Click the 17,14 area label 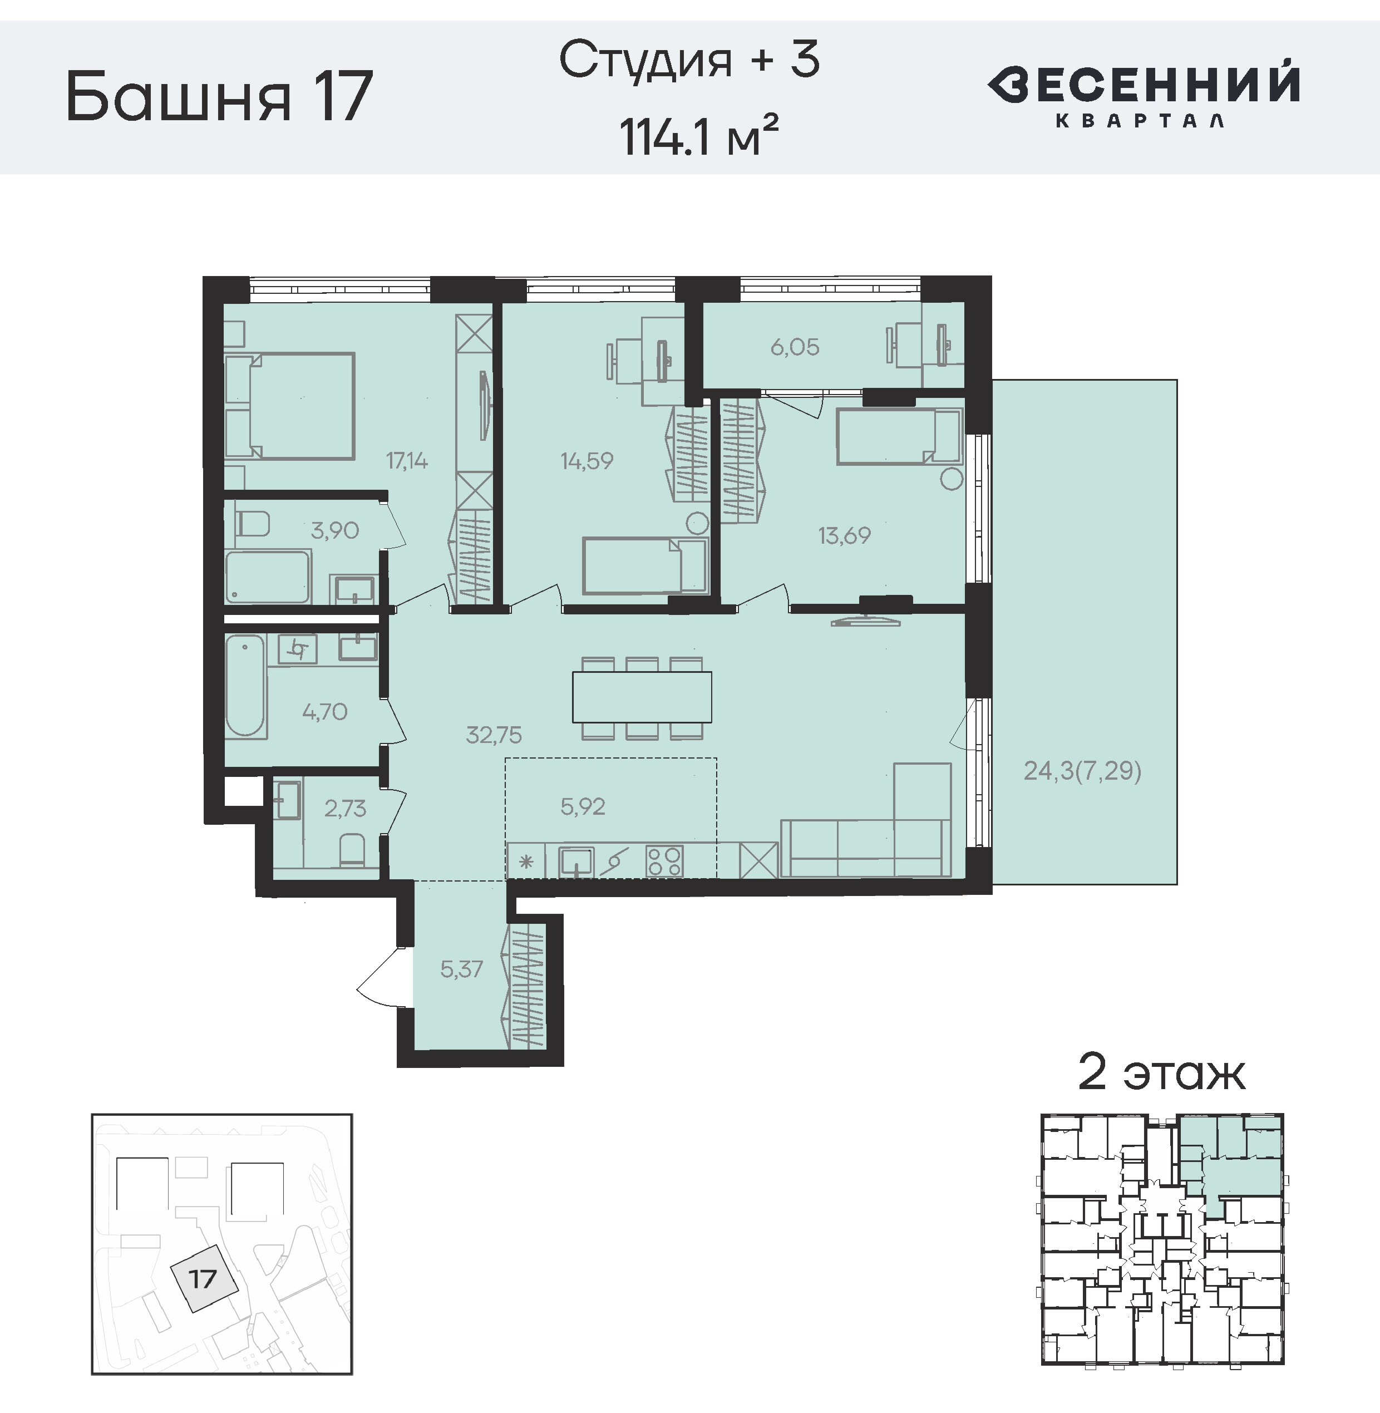[x=407, y=460]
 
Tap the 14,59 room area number [x=587, y=460]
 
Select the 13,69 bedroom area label [x=844, y=536]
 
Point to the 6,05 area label [x=795, y=347]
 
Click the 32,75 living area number [x=494, y=735]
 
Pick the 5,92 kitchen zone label [x=583, y=806]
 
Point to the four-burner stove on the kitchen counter [x=664, y=861]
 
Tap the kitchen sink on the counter [x=576, y=861]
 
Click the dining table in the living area [x=642, y=697]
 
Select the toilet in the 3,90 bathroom [x=253, y=523]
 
